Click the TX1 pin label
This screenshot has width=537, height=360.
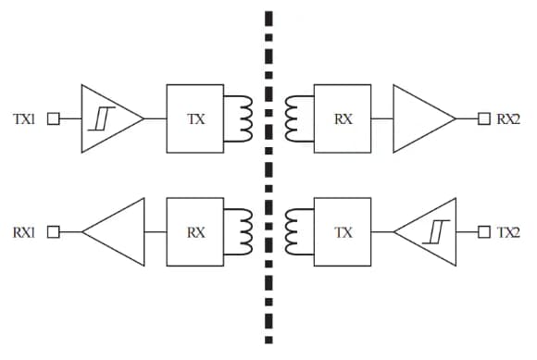[23, 118]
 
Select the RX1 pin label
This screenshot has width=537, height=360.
[23, 232]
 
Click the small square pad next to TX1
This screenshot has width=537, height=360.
[53, 118]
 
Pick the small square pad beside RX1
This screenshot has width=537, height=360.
[53, 232]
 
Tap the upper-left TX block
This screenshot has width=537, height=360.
[195, 118]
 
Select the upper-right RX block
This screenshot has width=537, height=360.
[343, 118]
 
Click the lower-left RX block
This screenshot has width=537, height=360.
[195, 232]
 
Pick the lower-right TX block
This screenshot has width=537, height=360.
[343, 232]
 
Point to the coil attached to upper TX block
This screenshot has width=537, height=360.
[244, 118]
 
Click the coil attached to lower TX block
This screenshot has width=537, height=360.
[294, 232]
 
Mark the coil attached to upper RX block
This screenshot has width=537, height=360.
[294, 118]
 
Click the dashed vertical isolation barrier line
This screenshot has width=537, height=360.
[269, 176]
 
